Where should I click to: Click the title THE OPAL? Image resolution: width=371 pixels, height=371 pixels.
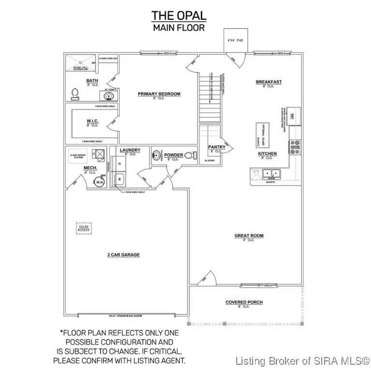pyautogui.click(x=179, y=15)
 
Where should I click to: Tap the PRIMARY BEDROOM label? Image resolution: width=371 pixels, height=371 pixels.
pyautogui.click(x=159, y=94)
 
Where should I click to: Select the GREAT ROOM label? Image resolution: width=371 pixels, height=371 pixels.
pyautogui.click(x=249, y=236)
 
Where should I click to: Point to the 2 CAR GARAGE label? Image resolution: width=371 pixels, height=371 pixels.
pyautogui.click(x=123, y=255)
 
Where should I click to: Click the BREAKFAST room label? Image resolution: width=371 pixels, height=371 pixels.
pyautogui.click(x=269, y=82)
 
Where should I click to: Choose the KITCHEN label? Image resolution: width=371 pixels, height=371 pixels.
pyautogui.click(x=267, y=154)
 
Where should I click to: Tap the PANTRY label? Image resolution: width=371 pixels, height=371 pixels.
pyautogui.click(x=214, y=146)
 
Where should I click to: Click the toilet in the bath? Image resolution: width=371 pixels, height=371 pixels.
pyautogui.click(x=75, y=93)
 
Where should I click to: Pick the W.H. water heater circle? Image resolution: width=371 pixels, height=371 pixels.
pyautogui.click(x=100, y=183)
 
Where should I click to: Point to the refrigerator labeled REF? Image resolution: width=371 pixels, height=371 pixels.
pyautogui.click(x=294, y=115)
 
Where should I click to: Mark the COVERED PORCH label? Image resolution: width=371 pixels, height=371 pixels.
pyautogui.click(x=244, y=302)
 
